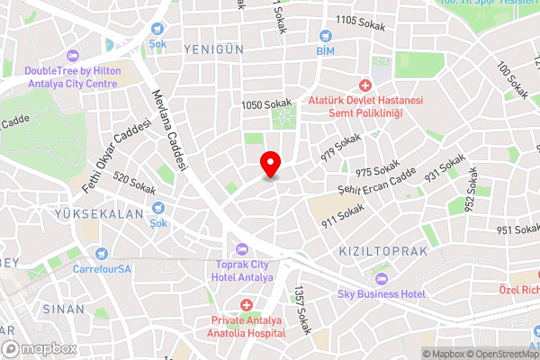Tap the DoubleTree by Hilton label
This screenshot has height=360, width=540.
coord(71,77)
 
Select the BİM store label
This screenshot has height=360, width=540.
coord(325,52)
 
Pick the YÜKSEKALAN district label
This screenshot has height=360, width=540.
coord(99,214)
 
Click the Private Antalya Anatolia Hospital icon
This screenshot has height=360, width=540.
coord(246,306)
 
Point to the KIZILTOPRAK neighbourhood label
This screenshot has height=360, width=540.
coord(383,250)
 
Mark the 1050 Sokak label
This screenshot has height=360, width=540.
coord(263,105)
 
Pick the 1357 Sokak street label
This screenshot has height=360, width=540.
coord(301,310)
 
